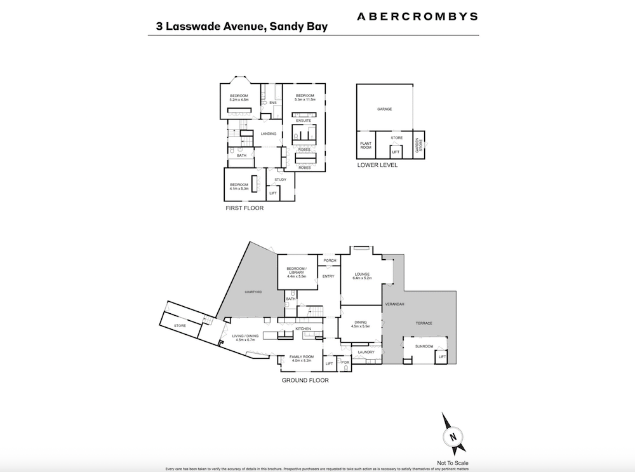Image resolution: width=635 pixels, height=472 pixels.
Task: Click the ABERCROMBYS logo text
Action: [x=417, y=16]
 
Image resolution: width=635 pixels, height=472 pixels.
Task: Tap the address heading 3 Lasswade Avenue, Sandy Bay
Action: [x=243, y=27]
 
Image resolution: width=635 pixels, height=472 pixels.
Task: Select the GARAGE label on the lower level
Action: [x=384, y=109]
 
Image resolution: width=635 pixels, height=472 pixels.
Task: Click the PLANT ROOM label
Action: [x=366, y=146]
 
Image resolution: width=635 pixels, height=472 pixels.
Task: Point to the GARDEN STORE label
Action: [x=418, y=145]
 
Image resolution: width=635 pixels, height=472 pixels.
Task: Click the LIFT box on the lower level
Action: [x=395, y=152]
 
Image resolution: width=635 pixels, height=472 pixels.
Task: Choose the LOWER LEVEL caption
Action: [x=377, y=165]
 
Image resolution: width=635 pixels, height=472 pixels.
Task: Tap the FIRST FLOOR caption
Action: [x=244, y=208]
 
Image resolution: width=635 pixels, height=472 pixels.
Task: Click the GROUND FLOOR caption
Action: [x=305, y=381]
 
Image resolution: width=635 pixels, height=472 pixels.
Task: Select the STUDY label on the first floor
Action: [x=281, y=180]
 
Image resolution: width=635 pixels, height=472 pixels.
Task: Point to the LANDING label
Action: [x=269, y=133]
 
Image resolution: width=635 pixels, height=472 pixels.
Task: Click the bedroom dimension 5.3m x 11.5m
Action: [x=305, y=100]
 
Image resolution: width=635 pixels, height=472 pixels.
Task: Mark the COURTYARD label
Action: [x=253, y=292]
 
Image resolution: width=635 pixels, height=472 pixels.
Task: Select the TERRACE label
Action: [x=424, y=323]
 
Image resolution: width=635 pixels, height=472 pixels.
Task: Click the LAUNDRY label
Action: [x=364, y=352]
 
